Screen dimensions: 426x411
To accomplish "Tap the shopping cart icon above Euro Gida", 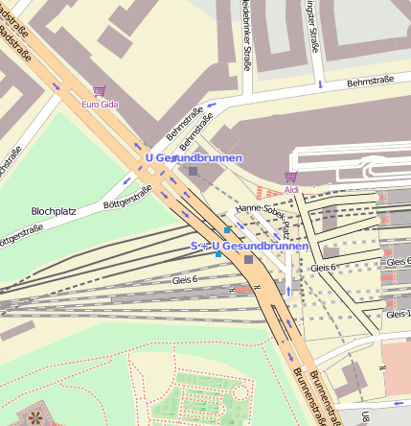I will click(99, 92).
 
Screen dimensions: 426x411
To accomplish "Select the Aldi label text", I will click(291, 189).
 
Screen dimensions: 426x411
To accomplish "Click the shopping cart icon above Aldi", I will click(291, 177).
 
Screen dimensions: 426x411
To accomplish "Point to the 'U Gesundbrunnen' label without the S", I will click(194, 156).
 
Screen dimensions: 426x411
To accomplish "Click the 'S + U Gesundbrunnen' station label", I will click(249, 247).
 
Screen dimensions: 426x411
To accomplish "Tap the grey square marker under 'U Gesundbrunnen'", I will click(194, 171).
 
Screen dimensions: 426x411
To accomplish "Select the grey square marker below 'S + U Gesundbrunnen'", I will click(249, 259).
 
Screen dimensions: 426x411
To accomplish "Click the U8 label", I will click(366, 416).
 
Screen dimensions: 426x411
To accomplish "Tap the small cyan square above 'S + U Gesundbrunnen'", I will click(227, 231).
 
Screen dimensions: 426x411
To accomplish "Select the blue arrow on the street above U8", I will click(396, 403).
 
